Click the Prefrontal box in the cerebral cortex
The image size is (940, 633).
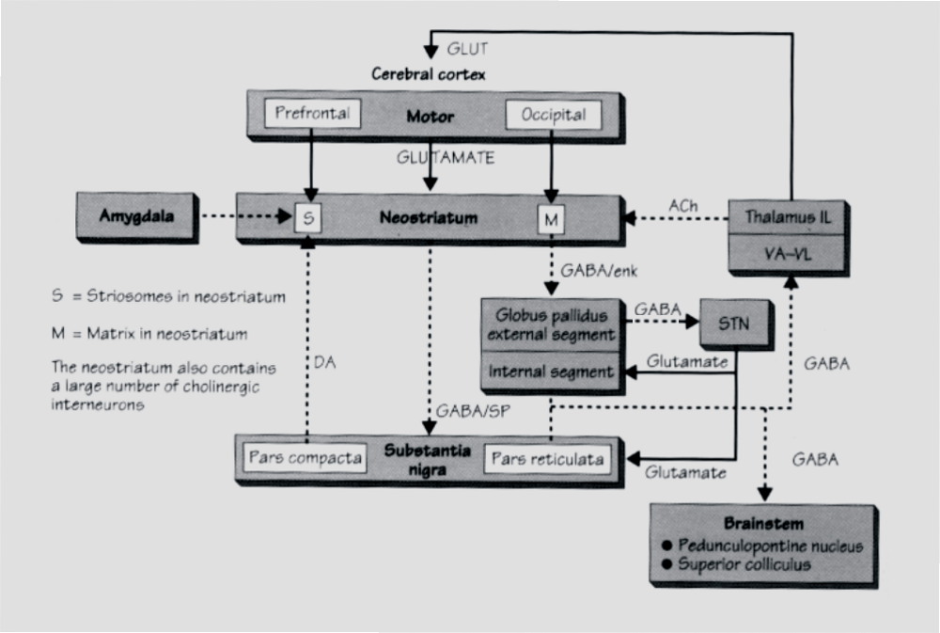[313, 115]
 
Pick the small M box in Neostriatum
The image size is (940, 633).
[551, 219]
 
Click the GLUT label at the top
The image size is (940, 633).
[467, 48]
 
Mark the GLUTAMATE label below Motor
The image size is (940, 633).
[445, 157]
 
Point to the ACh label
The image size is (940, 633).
[682, 203]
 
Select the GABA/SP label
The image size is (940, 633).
[467, 410]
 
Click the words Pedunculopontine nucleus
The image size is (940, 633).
[772, 546]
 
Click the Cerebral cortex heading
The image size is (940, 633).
[428, 73]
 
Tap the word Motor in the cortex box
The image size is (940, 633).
[431, 118]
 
